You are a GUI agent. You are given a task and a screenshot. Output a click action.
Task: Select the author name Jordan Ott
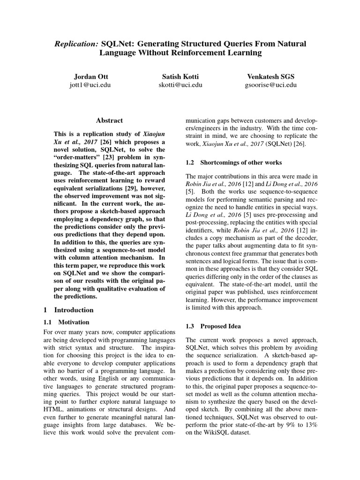click(x=90, y=76)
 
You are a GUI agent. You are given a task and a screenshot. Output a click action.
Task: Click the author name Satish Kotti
click(x=180, y=76)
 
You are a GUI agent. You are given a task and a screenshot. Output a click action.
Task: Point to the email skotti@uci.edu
click(x=180, y=85)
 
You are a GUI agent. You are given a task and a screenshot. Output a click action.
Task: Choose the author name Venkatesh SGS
click(x=270, y=76)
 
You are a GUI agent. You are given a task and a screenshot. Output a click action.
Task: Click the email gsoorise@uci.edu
click(x=270, y=85)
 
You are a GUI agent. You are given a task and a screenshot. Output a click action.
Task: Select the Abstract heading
click(x=110, y=120)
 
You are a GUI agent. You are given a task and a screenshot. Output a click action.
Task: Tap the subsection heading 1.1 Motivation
click(x=66, y=322)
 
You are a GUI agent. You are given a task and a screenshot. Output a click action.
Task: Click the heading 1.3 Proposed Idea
click(x=213, y=326)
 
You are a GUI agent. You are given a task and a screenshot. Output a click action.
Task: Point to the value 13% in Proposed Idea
click(x=311, y=425)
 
